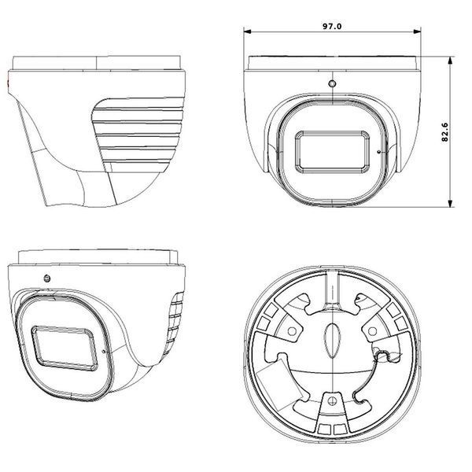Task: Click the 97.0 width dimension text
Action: (x=332, y=26)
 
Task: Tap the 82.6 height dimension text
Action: (x=444, y=132)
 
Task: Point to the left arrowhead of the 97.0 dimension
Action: (x=248, y=31)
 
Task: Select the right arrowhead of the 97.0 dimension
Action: (x=417, y=31)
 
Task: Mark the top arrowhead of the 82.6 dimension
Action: (x=450, y=61)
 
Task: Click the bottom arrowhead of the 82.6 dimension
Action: (x=450, y=203)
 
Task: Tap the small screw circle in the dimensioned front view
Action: (x=332, y=83)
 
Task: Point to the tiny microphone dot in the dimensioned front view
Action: (x=378, y=151)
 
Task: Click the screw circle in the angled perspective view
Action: (x=47, y=278)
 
